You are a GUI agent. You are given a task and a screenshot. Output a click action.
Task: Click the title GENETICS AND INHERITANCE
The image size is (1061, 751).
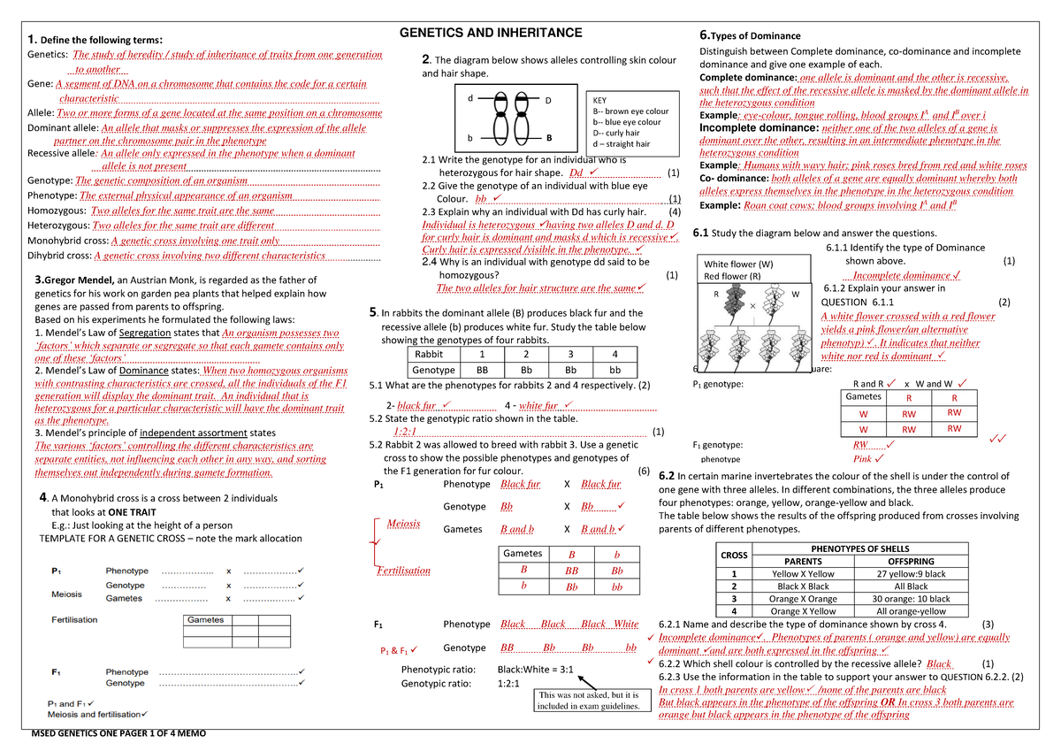(492, 33)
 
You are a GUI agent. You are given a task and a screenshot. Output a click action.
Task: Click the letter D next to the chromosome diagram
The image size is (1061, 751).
(548, 100)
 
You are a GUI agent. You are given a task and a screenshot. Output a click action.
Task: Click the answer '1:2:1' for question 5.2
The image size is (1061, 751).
(406, 432)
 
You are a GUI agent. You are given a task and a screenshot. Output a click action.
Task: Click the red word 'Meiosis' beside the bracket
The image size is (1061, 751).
(403, 524)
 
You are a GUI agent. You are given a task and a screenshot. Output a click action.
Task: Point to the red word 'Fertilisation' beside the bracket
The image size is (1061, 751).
(404, 571)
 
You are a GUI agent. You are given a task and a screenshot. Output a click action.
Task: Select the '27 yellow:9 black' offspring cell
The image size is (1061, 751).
(911, 573)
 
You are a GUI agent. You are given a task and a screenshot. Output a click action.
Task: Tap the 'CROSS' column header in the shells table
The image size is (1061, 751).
(734, 555)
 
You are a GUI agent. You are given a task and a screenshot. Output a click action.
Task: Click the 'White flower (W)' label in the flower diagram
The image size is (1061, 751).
(737, 264)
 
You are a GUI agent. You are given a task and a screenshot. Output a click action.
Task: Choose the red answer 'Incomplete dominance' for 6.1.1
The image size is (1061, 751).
(894, 275)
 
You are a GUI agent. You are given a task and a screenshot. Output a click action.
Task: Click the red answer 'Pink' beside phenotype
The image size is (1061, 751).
(862, 459)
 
